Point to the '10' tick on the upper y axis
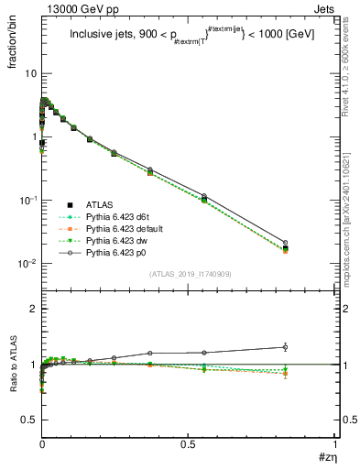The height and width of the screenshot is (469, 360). tap(29, 73)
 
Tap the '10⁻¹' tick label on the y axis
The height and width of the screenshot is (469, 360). tap(27, 200)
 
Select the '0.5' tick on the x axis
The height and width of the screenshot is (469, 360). tap(188, 444)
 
